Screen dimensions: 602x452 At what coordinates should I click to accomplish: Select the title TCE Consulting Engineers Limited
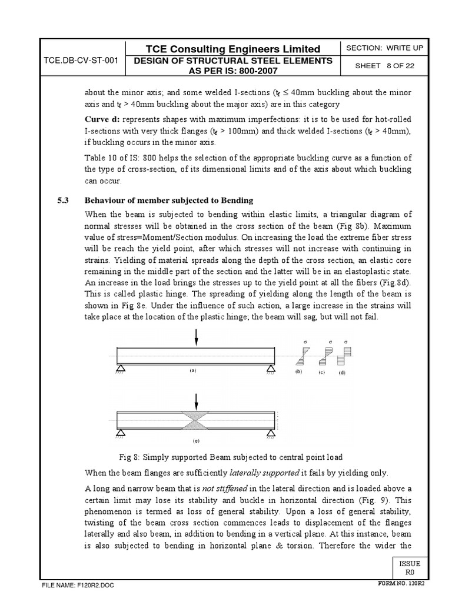tap(234, 48)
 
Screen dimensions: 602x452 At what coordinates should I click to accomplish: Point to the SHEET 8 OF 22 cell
tap(385, 66)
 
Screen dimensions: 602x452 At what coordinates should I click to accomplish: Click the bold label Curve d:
tap(102, 119)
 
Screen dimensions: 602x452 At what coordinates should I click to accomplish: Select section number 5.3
tap(62, 200)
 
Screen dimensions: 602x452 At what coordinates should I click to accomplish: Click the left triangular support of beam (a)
tap(120, 369)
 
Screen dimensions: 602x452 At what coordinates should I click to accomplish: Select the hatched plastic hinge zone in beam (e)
tap(196, 420)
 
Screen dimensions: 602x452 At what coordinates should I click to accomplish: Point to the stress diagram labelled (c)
tap(325, 356)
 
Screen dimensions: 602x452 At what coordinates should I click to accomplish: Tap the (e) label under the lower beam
tap(196, 440)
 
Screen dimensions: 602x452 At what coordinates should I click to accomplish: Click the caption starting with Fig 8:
tap(231, 457)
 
